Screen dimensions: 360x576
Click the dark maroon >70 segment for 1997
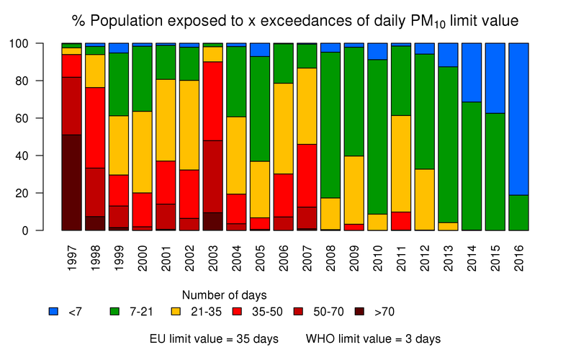pyautogui.click(x=71, y=182)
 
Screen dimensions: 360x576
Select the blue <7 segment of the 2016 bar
pyautogui.click(x=518, y=119)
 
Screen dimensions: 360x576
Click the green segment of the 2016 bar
pyautogui.click(x=518, y=212)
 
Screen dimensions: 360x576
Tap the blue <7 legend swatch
pyautogui.click(x=53, y=312)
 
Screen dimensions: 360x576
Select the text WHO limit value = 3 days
pyautogui.click(x=373, y=338)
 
